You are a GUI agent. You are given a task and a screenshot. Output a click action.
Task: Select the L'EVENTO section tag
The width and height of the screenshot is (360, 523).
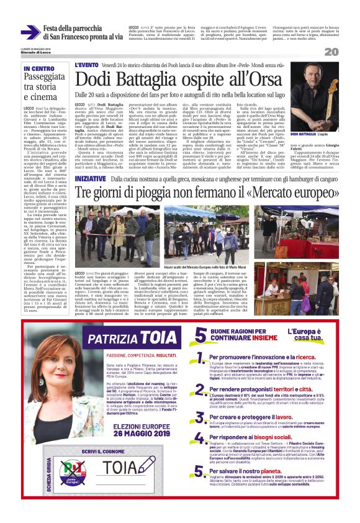click(86, 64)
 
